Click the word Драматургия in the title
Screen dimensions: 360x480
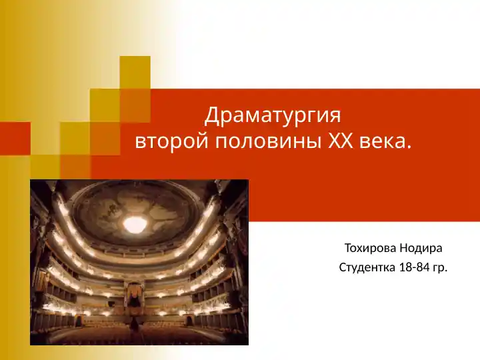tap(273, 116)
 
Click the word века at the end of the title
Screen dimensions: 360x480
tap(383, 142)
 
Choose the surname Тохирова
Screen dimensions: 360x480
tap(371, 249)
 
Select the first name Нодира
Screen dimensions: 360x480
tap(421, 249)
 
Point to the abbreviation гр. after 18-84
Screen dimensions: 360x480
tap(440, 268)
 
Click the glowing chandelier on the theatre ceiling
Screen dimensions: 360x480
tap(135, 224)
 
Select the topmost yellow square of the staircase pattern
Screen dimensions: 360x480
tap(135, 72)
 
